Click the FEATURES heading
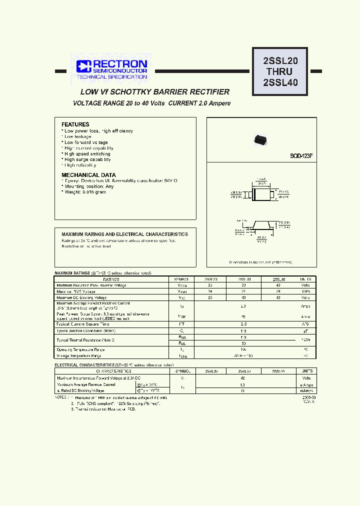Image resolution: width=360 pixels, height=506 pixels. [75, 124]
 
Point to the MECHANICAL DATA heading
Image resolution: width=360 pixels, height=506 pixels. [85, 175]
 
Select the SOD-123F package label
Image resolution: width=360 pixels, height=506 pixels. [301, 156]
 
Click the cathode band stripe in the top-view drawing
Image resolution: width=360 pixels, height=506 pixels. [253, 192]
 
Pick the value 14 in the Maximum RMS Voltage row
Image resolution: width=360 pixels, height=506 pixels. [210, 291]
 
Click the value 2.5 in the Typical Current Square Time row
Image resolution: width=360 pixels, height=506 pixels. [243, 324]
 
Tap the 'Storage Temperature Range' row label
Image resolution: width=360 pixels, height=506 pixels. [79, 355]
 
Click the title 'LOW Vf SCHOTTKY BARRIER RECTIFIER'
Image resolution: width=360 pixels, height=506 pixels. [155, 92]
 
